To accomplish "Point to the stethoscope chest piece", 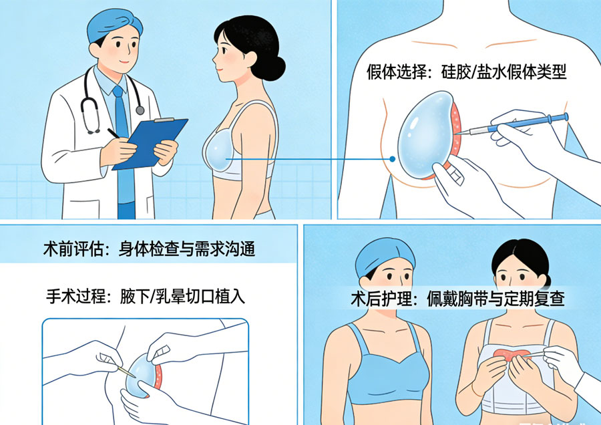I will click(139, 110).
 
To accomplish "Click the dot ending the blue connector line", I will click(393, 159).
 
